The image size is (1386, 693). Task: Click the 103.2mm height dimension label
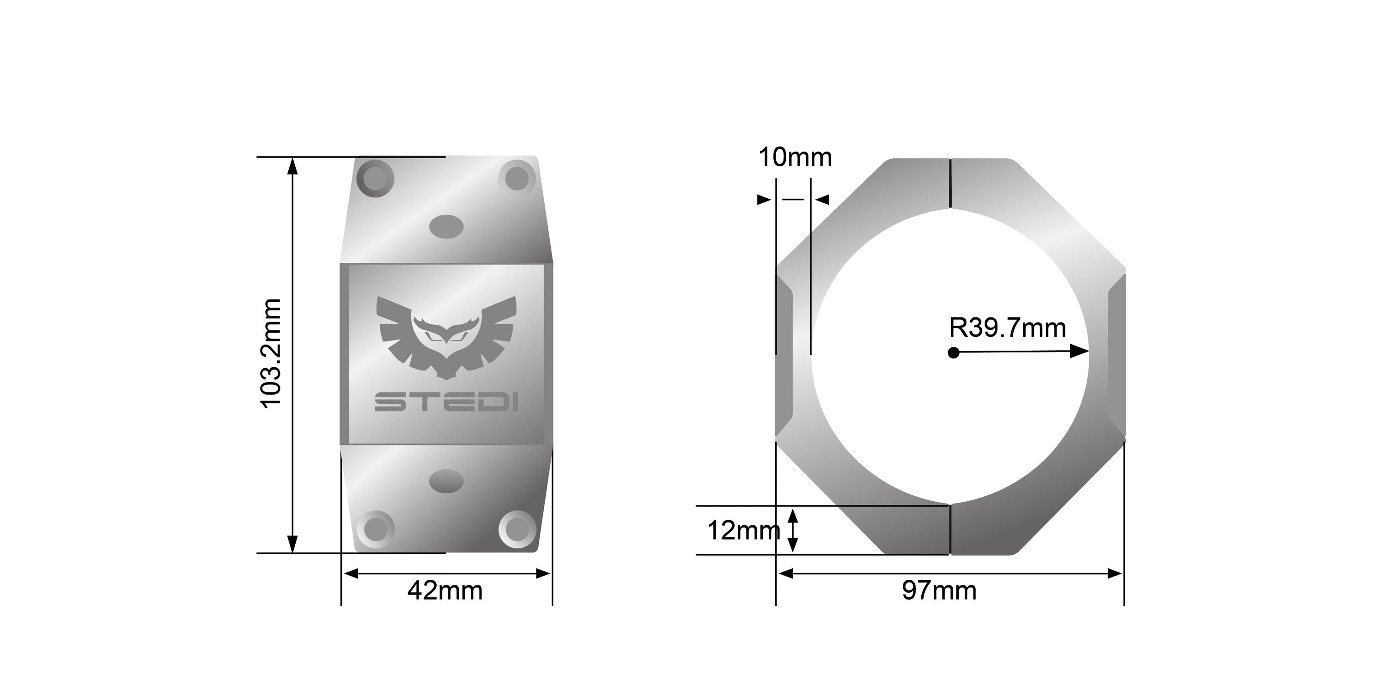pyautogui.click(x=271, y=353)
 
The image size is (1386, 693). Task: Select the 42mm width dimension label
pyautogui.click(x=445, y=591)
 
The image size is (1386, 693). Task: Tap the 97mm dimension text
pyautogui.click(x=939, y=590)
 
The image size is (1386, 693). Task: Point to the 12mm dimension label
pyautogui.click(x=743, y=530)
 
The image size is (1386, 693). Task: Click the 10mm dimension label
pyautogui.click(x=795, y=158)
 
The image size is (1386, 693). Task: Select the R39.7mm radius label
pyautogui.click(x=1007, y=328)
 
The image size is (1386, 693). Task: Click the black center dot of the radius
pyautogui.click(x=954, y=353)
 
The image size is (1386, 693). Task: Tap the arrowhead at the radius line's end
pyautogui.click(x=1079, y=351)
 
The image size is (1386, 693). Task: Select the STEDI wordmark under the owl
pyautogui.click(x=446, y=402)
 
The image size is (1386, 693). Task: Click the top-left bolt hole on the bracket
pyautogui.click(x=376, y=178)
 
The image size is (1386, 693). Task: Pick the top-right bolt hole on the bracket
pyautogui.click(x=517, y=178)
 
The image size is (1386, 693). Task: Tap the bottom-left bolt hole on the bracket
pyautogui.click(x=376, y=528)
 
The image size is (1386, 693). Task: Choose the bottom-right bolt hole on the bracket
pyautogui.click(x=517, y=528)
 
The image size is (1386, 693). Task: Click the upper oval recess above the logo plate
pyautogui.click(x=447, y=226)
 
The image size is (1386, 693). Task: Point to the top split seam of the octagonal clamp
pyautogui.click(x=950, y=183)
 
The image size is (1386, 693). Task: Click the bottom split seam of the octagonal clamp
pyautogui.click(x=950, y=529)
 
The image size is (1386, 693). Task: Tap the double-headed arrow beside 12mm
pyautogui.click(x=792, y=531)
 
